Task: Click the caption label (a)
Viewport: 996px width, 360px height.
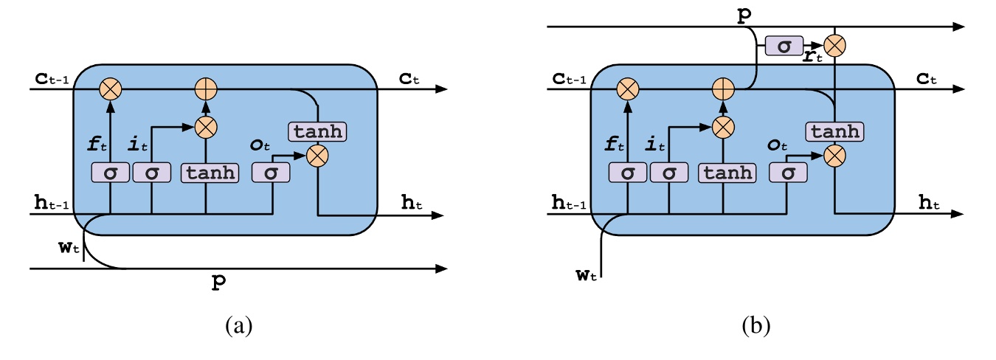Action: click(x=238, y=325)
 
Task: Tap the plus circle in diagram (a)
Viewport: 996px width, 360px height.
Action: click(x=207, y=89)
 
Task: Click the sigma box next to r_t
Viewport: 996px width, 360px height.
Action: click(x=785, y=46)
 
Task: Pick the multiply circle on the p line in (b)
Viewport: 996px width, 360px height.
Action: click(x=834, y=46)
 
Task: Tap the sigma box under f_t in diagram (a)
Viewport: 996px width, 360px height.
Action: click(x=110, y=173)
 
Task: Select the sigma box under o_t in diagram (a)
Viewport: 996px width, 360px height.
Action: click(x=271, y=173)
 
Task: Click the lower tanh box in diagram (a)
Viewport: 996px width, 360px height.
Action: click(x=210, y=173)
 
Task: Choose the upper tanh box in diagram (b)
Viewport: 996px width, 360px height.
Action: click(x=835, y=131)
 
